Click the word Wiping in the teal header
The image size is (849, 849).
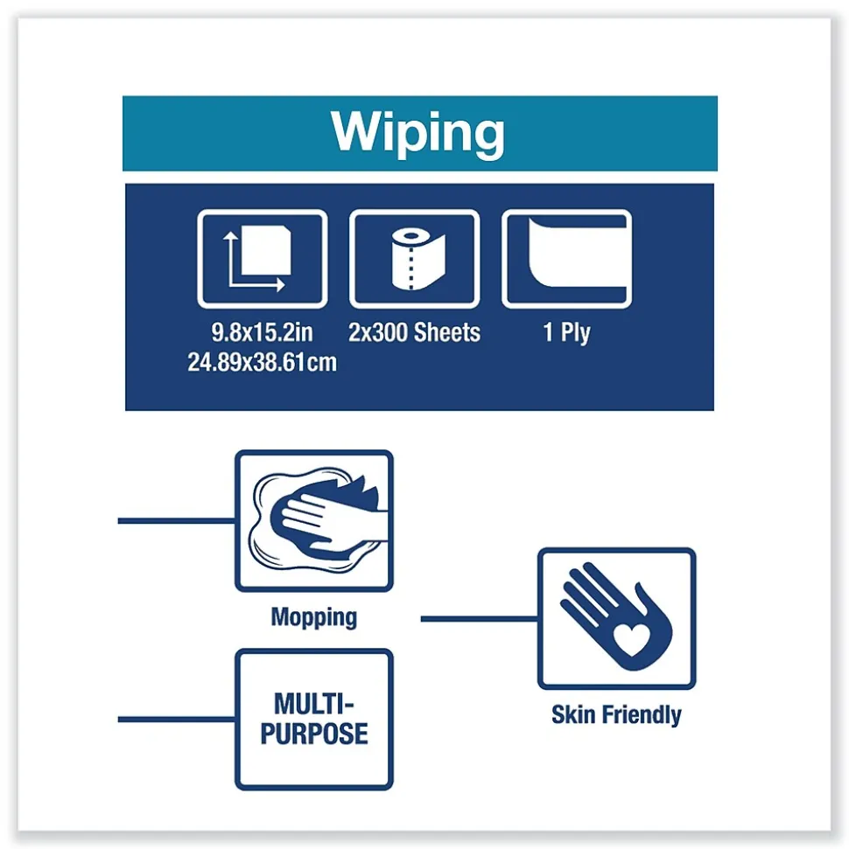pos(418,133)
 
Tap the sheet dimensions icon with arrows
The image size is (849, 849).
pos(262,259)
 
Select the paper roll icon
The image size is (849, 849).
pos(414,259)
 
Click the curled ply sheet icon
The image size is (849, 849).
pos(566,259)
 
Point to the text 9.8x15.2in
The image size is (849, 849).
pos(263,333)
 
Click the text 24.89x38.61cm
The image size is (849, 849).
pos(262,362)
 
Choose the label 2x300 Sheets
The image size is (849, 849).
pos(414,333)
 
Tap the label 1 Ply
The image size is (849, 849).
pos(566,333)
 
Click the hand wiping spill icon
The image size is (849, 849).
pos(313,521)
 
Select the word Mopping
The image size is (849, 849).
pos(313,617)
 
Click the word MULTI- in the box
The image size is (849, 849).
pos(314,704)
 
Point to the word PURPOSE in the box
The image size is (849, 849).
pos(314,734)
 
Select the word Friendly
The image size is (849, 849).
pos(637,714)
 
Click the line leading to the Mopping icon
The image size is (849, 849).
pos(175,521)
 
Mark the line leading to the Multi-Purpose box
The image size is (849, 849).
pos(175,720)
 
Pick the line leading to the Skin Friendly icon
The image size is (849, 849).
pos(479,619)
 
